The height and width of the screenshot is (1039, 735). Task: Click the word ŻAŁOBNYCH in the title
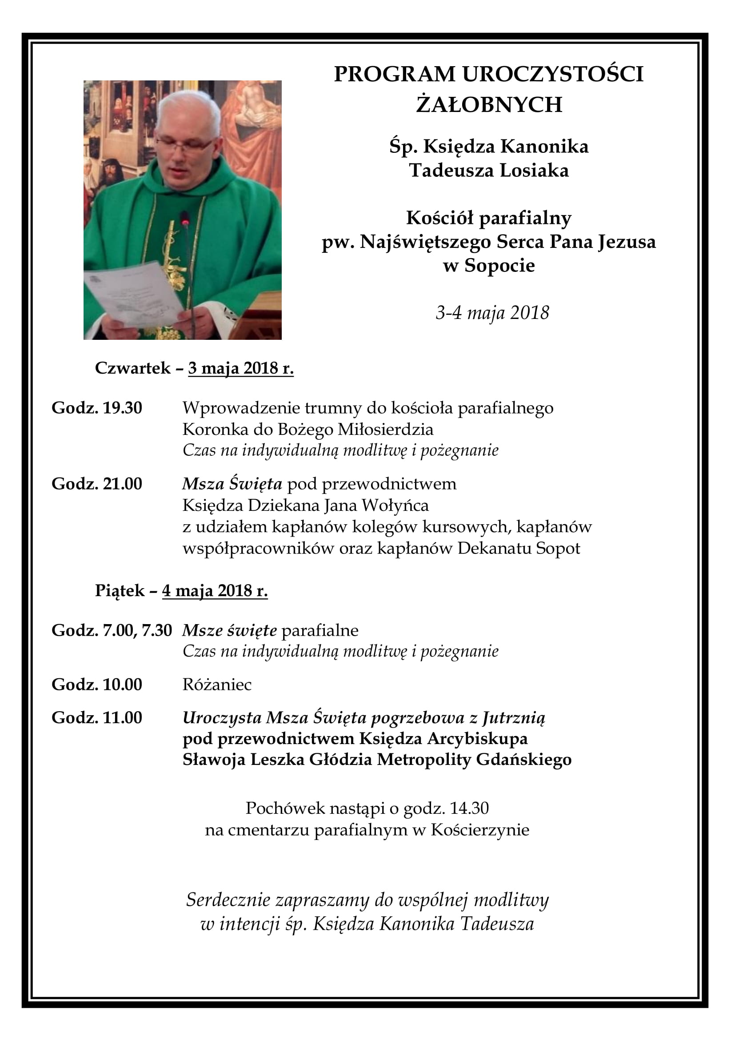(489, 105)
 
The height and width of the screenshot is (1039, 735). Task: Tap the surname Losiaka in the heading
(534, 171)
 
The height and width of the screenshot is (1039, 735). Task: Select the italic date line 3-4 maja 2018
(492, 313)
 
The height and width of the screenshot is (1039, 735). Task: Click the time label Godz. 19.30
(97, 408)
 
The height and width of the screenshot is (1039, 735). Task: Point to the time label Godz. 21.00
(97, 484)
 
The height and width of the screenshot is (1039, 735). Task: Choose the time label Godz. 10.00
(97, 685)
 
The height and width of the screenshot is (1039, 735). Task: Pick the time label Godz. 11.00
(97, 718)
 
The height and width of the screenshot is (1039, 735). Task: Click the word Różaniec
(217, 685)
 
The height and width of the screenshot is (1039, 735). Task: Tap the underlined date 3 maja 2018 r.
(241, 368)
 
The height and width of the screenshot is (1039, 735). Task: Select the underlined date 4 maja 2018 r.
(215, 591)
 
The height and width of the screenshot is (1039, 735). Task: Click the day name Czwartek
(132, 368)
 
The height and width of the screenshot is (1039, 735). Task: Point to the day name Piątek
(119, 591)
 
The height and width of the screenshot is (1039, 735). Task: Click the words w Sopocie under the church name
(489, 266)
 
